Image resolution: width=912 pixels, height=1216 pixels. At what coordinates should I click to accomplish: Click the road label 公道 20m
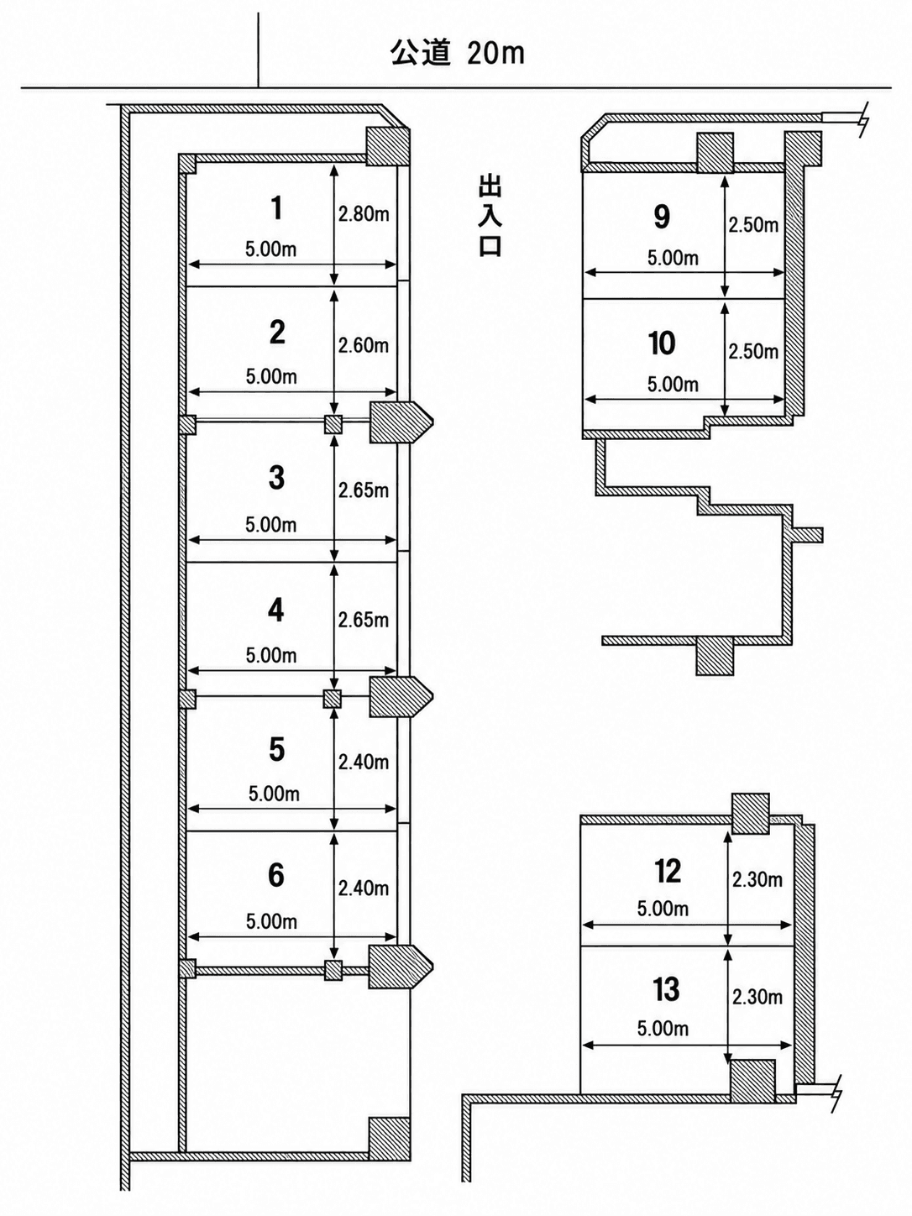pyautogui.click(x=458, y=54)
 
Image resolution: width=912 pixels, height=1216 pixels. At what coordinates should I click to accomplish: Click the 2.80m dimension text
pyautogui.click(x=364, y=214)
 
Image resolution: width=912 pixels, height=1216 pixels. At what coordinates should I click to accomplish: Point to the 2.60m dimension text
pyautogui.click(x=364, y=346)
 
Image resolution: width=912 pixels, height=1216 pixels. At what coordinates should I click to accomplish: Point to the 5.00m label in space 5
pyautogui.click(x=274, y=794)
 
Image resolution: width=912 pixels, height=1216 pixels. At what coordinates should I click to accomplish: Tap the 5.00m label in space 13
pyautogui.click(x=663, y=1029)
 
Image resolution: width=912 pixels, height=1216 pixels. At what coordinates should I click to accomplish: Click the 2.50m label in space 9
pyautogui.click(x=753, y=225)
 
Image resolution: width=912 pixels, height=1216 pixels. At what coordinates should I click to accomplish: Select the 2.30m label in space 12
pyautogui.click(x=757, y=880)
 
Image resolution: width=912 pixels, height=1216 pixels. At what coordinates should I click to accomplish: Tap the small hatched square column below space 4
pyautogui.click(x=333, y=700)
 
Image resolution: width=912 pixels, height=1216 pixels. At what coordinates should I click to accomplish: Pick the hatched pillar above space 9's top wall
pyautogui.click(x=715, y=153)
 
